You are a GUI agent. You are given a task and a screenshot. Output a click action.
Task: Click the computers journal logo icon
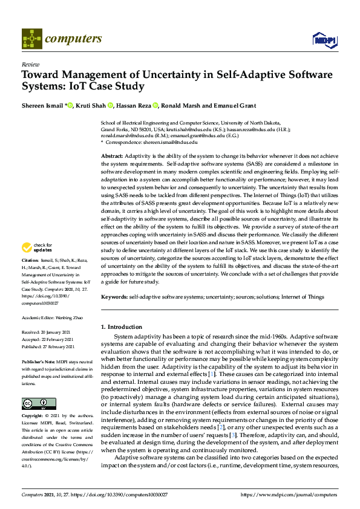(x=31, y=39)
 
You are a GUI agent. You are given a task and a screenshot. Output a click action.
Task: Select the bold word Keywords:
(x=114, y=297)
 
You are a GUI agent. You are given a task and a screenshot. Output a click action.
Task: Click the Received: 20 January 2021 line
(x=47, y=332)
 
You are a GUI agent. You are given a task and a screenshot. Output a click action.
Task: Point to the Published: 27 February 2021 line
(x=48, y=347)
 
